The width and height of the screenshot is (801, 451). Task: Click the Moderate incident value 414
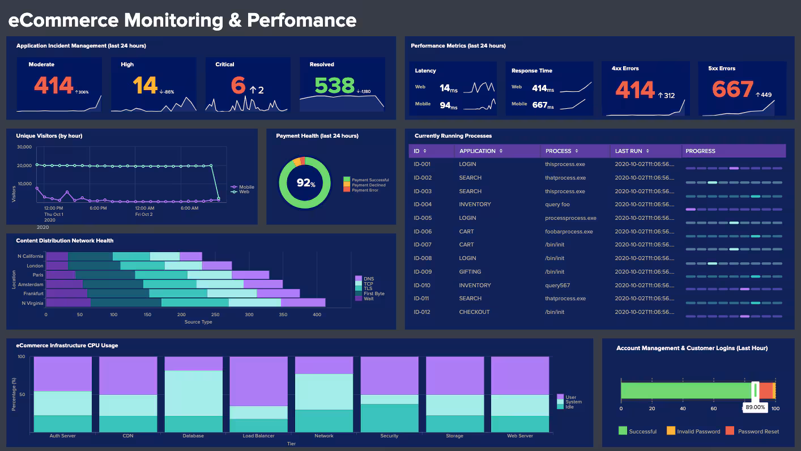(54, 85)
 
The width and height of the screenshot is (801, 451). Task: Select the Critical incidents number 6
(238, 85)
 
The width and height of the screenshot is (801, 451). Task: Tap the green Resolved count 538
(334, 86)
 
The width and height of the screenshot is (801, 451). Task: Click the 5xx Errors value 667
(732, 89)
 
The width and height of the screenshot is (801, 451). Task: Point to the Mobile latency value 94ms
(449, 105)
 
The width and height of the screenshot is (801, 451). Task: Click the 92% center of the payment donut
(305, 183)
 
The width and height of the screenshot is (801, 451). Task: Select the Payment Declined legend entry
(368, 185)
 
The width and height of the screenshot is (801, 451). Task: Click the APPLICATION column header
(477, 151)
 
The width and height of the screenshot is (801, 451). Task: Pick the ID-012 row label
(422, 312)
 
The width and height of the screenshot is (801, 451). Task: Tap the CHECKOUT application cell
(474, 312)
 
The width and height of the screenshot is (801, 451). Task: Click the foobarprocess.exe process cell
(569, 232)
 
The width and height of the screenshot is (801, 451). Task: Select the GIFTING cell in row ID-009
(470, 272)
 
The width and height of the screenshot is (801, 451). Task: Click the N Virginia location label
(32, 303)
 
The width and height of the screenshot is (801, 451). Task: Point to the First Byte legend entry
(374, 293)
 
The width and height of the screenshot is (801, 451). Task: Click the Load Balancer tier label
(258, 436)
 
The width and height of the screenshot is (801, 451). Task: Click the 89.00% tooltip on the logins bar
(755, 407)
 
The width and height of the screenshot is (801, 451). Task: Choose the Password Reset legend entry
(758, 431)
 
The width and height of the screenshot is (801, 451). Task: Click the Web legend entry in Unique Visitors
(244, 192)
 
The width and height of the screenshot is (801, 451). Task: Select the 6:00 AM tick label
(190, 209)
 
